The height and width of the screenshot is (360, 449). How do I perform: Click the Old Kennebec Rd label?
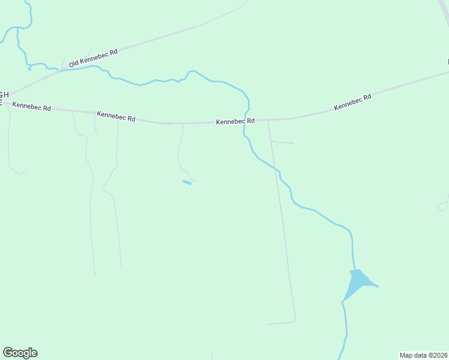point(93,58)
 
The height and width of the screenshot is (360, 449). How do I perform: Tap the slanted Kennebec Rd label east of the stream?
point(353,102)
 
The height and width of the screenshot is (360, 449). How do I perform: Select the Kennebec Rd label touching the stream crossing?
point(235,121)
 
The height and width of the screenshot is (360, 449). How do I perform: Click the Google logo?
point(20,353)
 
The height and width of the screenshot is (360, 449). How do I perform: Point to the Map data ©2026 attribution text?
point(423,355)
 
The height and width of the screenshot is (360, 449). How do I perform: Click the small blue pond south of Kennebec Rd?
point(187,182)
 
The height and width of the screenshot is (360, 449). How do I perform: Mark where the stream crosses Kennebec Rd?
point(246,121)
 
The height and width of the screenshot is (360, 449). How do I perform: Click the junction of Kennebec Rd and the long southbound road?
point(268,120)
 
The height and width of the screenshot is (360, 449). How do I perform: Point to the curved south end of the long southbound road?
point(294,320)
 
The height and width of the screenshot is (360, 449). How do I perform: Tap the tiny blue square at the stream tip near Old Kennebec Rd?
point(29,68)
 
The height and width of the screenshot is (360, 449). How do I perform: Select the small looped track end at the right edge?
point(442,207)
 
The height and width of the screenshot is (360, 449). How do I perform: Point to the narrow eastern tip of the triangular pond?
point(376,286)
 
